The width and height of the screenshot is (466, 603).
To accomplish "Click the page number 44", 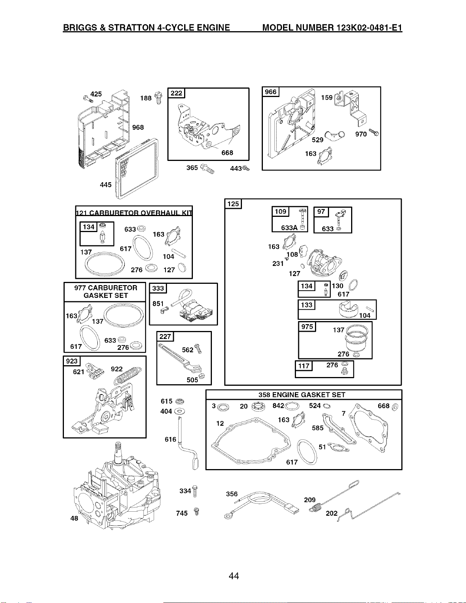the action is click(234, 576).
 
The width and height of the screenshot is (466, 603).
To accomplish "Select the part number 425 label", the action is click(96, 94).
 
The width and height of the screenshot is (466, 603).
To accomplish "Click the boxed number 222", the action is click(176, 93).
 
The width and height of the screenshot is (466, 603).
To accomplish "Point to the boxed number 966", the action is click(270, 92).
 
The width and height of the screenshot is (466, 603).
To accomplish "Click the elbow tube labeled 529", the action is click(335, 135).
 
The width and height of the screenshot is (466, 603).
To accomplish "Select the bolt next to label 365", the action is click(207, 169).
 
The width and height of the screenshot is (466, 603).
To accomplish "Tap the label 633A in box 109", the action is click(289, 228).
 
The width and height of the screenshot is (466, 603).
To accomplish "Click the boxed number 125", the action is click(233, 204).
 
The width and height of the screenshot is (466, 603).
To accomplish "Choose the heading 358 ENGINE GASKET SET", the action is click(302, 395).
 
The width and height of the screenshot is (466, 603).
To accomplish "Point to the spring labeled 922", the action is click(129, 375).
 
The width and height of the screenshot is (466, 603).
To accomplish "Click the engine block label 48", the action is click(74, 518).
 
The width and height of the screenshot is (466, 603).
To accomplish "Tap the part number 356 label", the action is click(232, 494).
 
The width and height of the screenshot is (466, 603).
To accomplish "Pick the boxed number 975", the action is click(307, 327).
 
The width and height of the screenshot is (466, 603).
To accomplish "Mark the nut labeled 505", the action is click(202, 376).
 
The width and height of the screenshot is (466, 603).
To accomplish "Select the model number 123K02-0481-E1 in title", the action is click(369, 27).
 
